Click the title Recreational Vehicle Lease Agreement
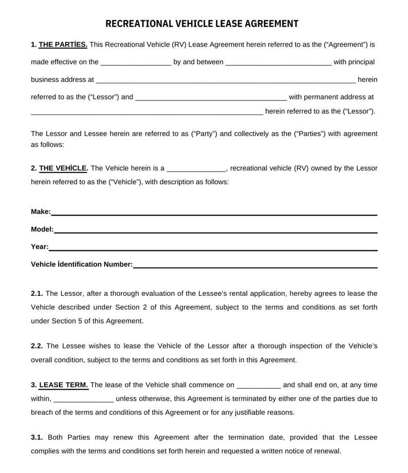tap(202, 24)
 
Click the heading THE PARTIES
tap(63, 45)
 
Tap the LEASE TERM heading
tap(64, 385)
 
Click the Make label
tap(41, 212)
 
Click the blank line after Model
tap(216, 231)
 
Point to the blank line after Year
tap(213, 248)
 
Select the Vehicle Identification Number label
tap(82, 264)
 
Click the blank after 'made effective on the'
tap(136, 63)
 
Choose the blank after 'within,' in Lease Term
tap(83, 399)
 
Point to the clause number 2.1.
tap(36, 294)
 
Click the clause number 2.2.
tap(36, 346)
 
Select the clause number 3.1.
tap(36, 438)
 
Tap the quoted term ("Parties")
tap(310, 134)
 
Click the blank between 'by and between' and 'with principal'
tap(279, 63)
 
